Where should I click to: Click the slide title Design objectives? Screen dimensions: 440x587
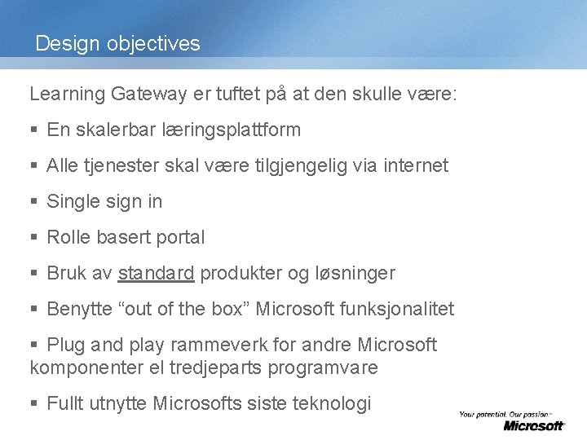[x=117, y=43]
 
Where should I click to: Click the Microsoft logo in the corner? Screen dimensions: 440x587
[x=533, y=425]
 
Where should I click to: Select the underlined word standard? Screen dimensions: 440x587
[x=156, y=273]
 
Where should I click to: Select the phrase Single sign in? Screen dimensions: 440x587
[x=104, y=201]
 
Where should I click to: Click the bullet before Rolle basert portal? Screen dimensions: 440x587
[x=33, y=238]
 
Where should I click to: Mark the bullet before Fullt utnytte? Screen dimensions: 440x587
[x=33, y=403]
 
